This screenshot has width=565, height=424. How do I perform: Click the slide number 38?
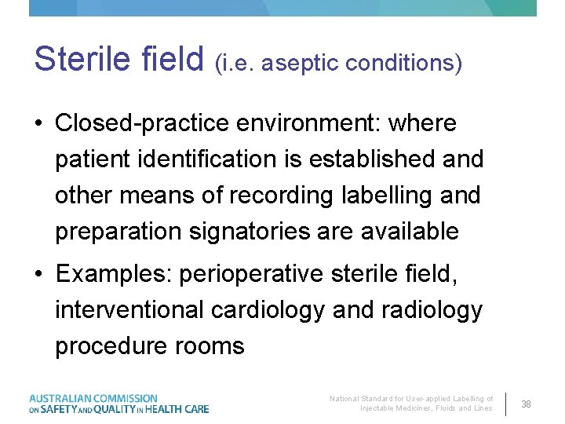(x=527, y=404)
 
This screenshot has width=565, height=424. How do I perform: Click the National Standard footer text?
(x=411, y=404)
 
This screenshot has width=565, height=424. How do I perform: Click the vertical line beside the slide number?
(x=506, y=404)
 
